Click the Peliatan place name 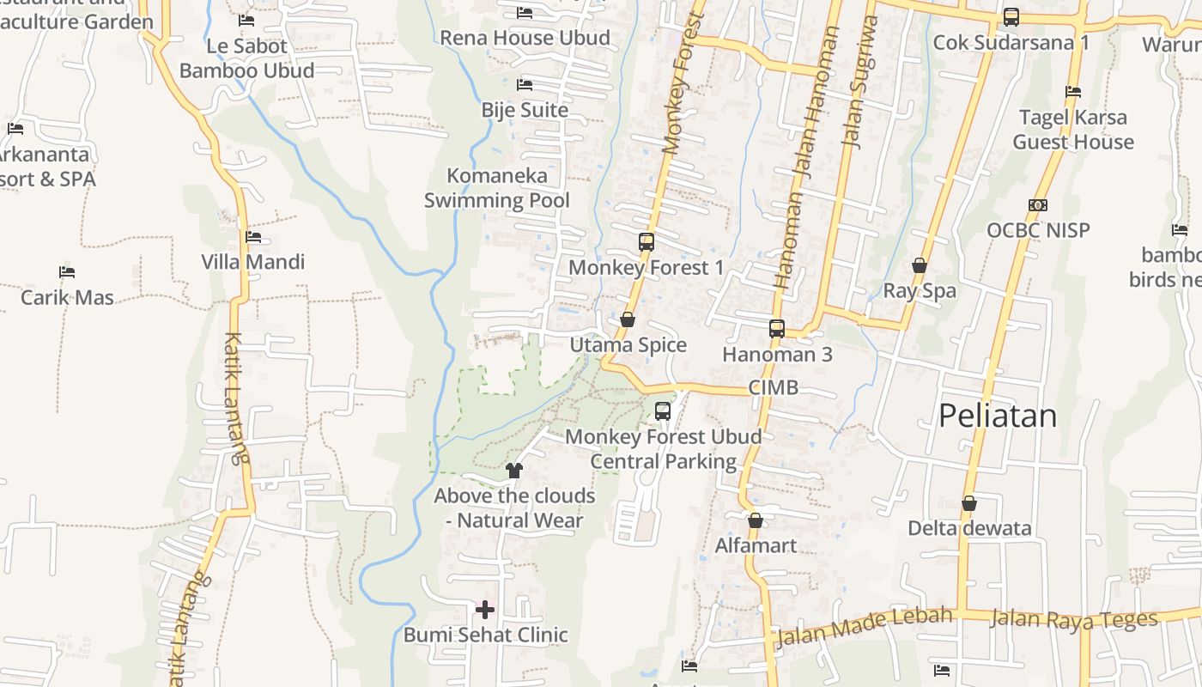pos(998,416)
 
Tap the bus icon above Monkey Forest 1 pos(647,242)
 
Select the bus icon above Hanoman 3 pos(777,329)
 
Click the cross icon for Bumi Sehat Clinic pos(485,610)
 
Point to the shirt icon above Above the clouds pos(514,470)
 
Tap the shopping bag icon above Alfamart pos(756,520)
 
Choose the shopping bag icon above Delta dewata pos(969,503)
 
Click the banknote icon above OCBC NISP pos(1038,205)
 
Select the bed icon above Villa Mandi pos(252,237)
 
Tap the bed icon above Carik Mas pos(67,272)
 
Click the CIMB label pos(773,387)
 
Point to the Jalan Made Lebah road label pos(864,627)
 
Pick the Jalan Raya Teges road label pos(1073,618)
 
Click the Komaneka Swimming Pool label pos(497,188)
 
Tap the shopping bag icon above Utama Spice pos(628,319)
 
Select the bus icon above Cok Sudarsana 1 pos(1011,17)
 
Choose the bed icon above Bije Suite pos(525,85)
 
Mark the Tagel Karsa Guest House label pos(1073,130)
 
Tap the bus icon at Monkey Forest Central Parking pos(663,411)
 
